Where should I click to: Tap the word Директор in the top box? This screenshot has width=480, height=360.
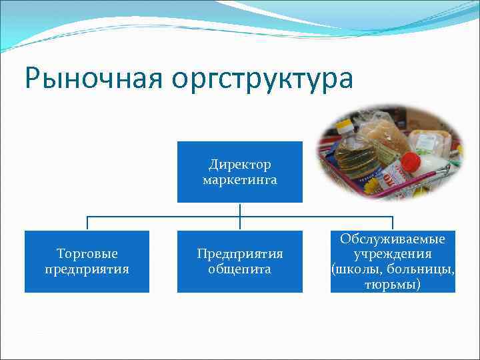240,164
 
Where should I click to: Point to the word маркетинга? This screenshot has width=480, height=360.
240,179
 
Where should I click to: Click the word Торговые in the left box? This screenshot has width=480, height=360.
87,254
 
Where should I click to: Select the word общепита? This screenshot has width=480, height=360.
240,269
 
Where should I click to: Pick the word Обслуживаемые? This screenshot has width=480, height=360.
393,239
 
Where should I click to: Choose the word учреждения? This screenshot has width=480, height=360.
393,254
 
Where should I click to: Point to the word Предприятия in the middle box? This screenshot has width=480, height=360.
240,254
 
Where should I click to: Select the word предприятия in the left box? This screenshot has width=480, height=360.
87,269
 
